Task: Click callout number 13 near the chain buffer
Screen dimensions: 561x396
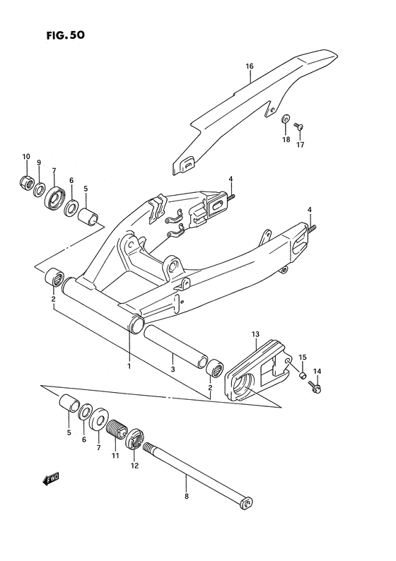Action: coord(255,333)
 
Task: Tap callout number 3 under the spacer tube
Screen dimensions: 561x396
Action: coord(172,370)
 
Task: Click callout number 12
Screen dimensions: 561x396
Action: coord(134,465)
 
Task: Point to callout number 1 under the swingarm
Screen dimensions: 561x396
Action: coord(129,366)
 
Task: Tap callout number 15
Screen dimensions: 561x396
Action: coord(302,357)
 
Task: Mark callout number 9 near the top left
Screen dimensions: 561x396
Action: coord(39,163)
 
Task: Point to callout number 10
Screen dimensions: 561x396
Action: coord(25,156)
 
